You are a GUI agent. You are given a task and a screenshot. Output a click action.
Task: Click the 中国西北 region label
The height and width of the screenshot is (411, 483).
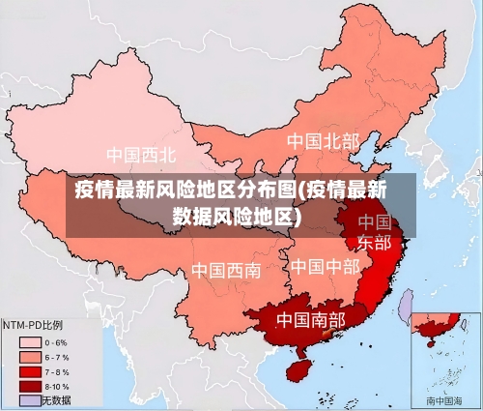(141, 155)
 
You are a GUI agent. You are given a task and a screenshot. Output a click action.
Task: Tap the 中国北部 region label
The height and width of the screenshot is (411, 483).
(322, 142)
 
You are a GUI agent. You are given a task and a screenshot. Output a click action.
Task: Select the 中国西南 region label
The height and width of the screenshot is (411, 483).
(225, 270)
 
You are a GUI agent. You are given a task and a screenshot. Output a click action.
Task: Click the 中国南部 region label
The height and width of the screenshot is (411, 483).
(310, 318)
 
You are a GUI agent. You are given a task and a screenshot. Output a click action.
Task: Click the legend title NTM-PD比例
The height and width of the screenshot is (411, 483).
(34, 325)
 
